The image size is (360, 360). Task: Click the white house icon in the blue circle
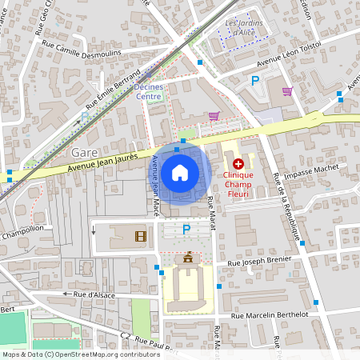click(180, 171)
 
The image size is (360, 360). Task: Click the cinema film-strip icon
click(141, 236)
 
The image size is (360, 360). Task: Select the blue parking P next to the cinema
click(186, 230)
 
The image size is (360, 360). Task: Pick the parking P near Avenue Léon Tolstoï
click(255, 80)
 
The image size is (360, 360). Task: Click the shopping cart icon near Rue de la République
click(287, 90)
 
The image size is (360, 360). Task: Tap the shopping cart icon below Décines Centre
click(213, 116)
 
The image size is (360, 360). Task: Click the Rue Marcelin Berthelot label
click(269, 315)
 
